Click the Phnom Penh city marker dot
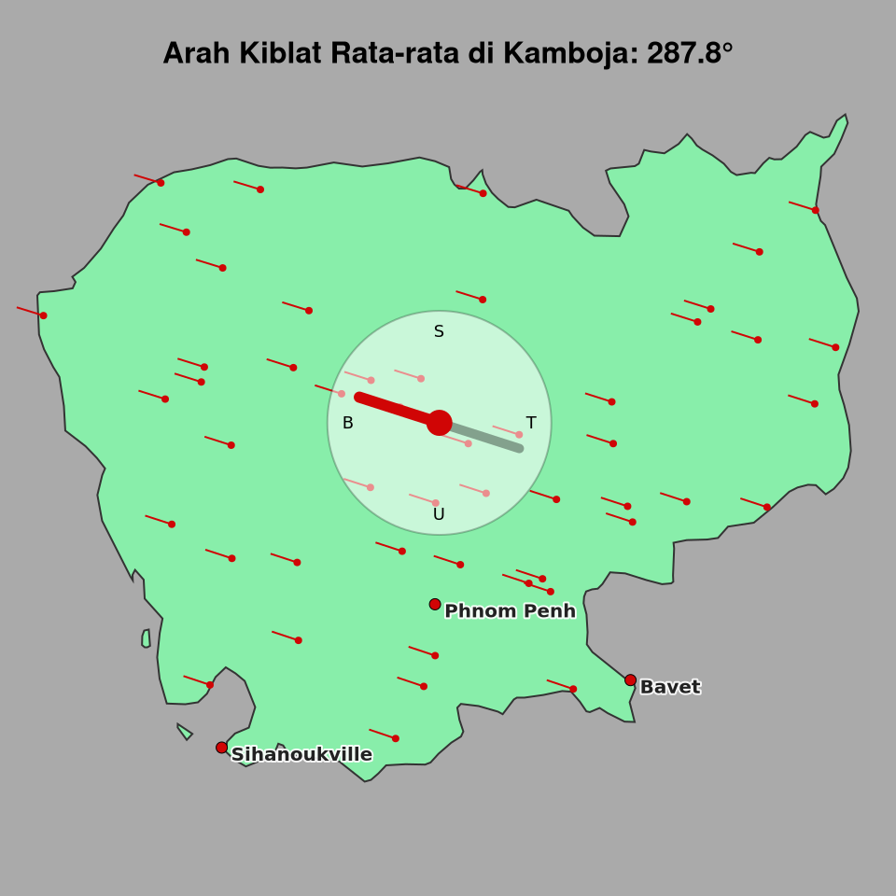(x=435, y=605)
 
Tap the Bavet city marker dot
(x=631, y=680)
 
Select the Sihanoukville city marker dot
(x=221, y=748)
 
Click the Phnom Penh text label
(x=510, y=611)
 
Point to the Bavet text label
(x=669, y=687)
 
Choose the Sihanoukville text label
(x=301, y=754)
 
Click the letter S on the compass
(x=439, y=331)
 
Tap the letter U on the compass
(x=439, y=514)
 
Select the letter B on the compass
(x=347, y=423)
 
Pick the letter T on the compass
(x=531, y=423)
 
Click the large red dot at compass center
(x=440, y=423)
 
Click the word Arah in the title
(x=196, y=53)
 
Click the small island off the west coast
(x=146, y=638)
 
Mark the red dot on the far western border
(x=43, y=315)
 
